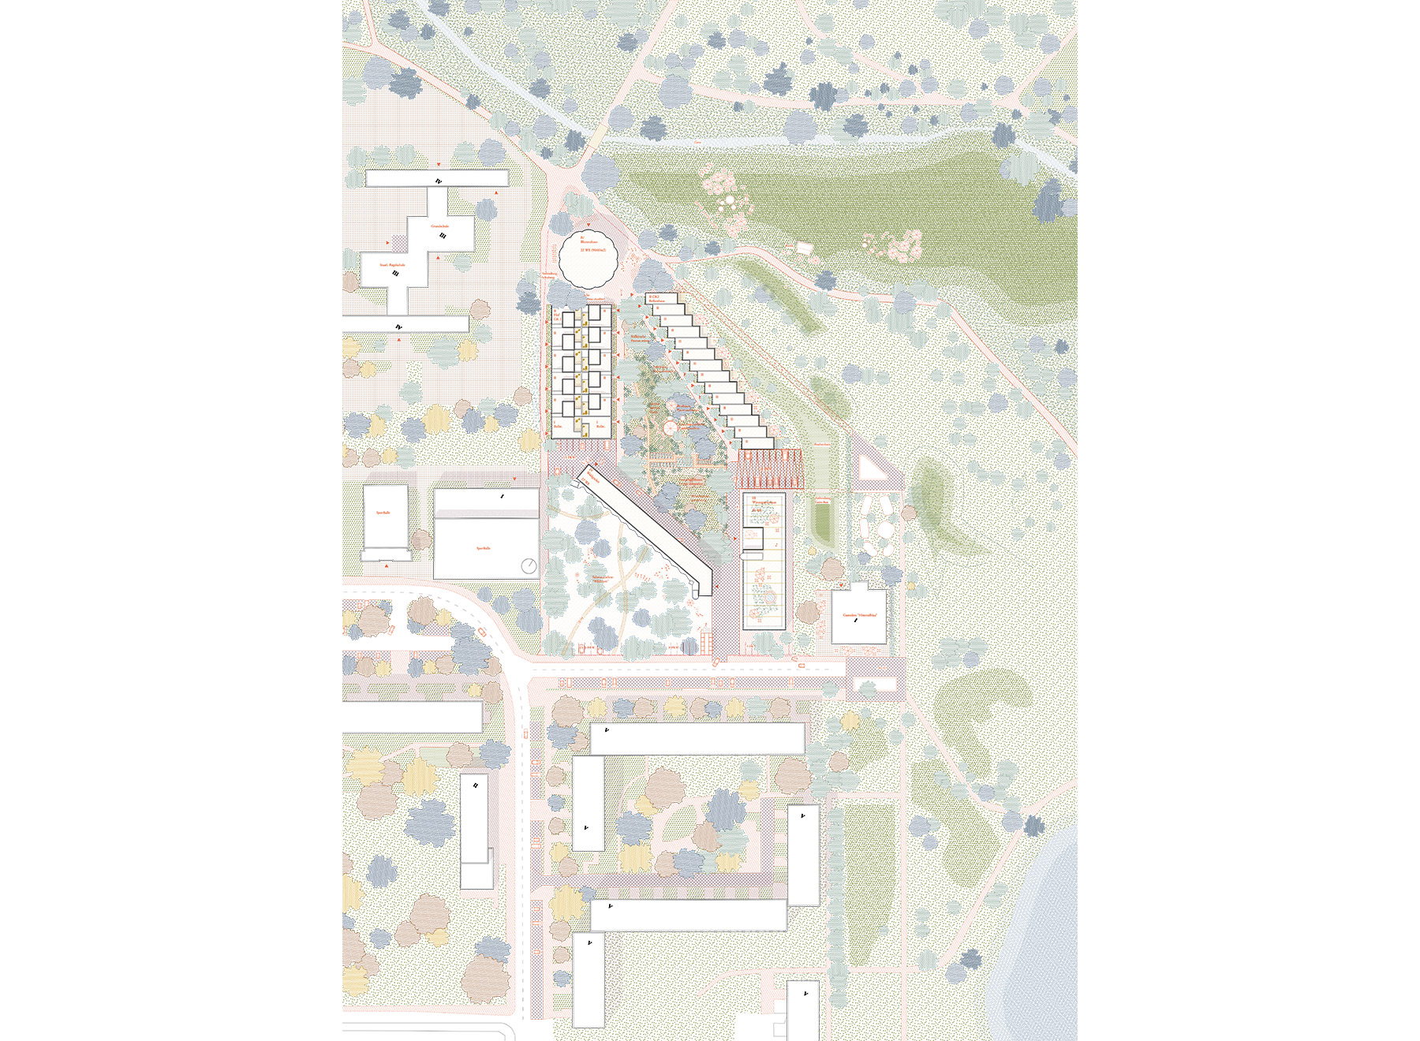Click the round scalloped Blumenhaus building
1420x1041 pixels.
[588, 260]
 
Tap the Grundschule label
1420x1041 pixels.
[439, 226]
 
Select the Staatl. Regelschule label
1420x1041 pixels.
[392, 265]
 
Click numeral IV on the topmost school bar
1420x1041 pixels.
[439, 181]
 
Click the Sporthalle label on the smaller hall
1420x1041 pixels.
[383, 513]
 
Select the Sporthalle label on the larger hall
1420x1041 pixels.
[484, 548]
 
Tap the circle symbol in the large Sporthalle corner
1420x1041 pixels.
[529, 565]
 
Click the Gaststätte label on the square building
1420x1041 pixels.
[859, 614]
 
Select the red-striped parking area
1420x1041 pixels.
[768, 469]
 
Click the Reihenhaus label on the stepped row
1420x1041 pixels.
[657, 300]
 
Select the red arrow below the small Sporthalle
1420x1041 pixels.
[386, 565]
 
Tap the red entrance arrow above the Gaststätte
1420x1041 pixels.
[842, 586]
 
